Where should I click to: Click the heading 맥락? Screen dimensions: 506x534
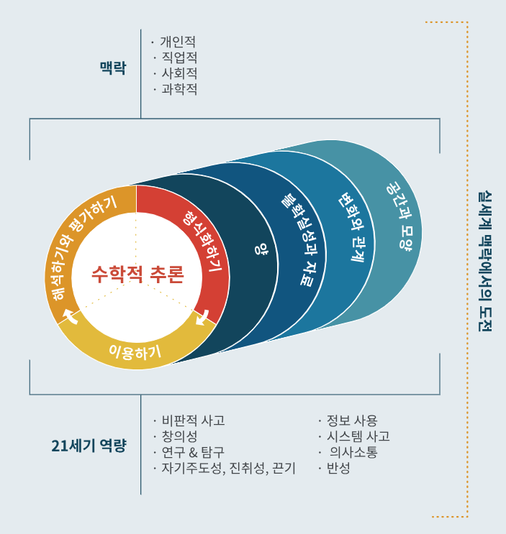point(113,68)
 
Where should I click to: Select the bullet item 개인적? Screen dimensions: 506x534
point(177,42)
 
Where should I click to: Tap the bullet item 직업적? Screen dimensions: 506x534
point(179,57)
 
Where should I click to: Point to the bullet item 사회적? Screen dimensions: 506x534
point(179,73)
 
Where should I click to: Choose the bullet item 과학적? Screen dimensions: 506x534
point(179,89)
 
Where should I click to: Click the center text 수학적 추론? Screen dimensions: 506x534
point(137,274)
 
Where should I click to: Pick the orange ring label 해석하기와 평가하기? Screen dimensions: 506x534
point(80,247)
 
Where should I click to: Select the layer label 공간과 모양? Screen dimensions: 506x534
point(398,216)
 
